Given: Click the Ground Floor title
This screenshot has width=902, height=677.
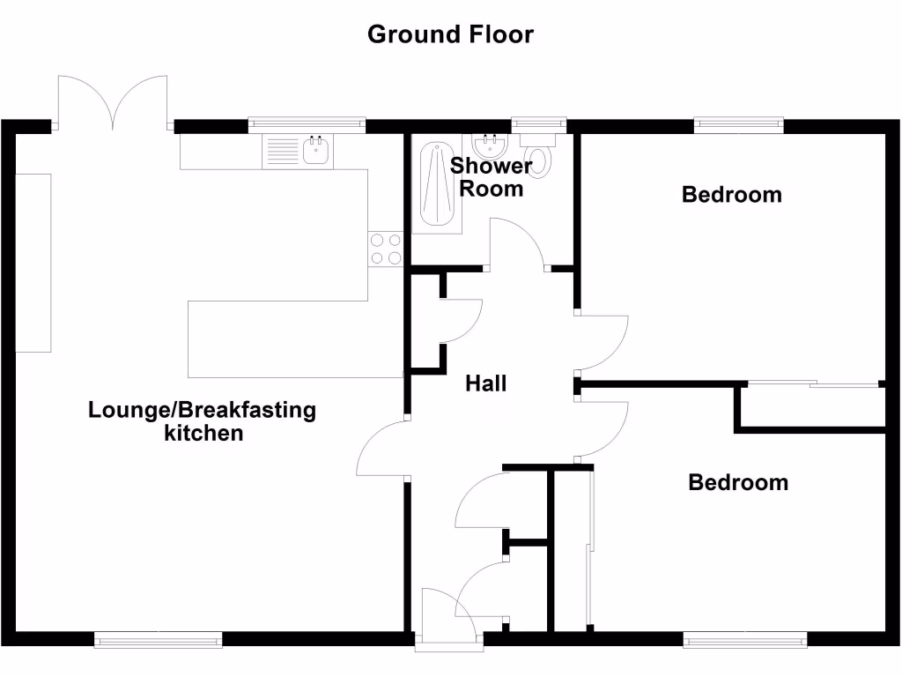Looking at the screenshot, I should click(450, 34).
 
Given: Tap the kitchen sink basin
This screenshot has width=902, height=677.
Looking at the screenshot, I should click(317, 151).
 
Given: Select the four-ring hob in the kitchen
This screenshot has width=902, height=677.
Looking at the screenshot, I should click(384, 248).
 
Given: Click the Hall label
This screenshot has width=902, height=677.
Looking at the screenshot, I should click(486, 383).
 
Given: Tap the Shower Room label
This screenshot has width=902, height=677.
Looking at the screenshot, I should click(492, 177).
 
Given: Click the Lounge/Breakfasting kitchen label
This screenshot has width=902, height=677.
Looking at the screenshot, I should click(202, 421).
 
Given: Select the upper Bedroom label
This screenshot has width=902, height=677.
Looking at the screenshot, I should click(731, 194).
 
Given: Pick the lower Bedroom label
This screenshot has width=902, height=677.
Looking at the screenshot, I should click(738, 482).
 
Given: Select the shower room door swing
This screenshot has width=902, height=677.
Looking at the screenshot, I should click(518, 242).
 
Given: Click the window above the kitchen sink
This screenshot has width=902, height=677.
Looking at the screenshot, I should click(307, 124).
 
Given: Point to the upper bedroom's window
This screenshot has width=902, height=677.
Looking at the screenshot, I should click(738, 124).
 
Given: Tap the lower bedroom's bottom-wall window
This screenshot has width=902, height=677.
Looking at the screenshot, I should click(744, 640).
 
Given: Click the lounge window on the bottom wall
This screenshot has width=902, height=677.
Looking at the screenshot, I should click(159, 640).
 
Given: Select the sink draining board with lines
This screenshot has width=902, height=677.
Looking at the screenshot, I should click(282, 152).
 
